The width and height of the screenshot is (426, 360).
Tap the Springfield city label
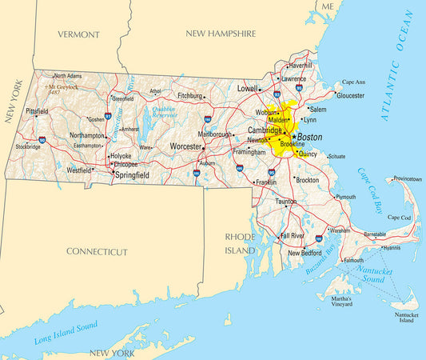point(133,174)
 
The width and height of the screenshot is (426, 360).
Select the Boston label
point(309,137)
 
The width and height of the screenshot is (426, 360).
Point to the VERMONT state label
point(79,34)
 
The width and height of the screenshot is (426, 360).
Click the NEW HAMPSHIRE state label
point(221,34)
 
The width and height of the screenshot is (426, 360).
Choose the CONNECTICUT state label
point(97,251)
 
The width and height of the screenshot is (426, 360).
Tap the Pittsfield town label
point(37,111)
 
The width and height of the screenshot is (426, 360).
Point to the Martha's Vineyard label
point(336,302)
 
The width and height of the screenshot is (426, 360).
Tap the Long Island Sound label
point(66,331)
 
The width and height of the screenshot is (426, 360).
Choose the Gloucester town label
point(350,95)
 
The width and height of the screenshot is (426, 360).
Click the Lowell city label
point(248,89)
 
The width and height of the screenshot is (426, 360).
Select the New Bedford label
point(305,253)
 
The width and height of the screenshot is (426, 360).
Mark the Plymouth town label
point(345,197)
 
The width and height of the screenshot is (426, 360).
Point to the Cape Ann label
point(353,82)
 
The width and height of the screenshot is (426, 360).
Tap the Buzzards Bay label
point(323,260)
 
